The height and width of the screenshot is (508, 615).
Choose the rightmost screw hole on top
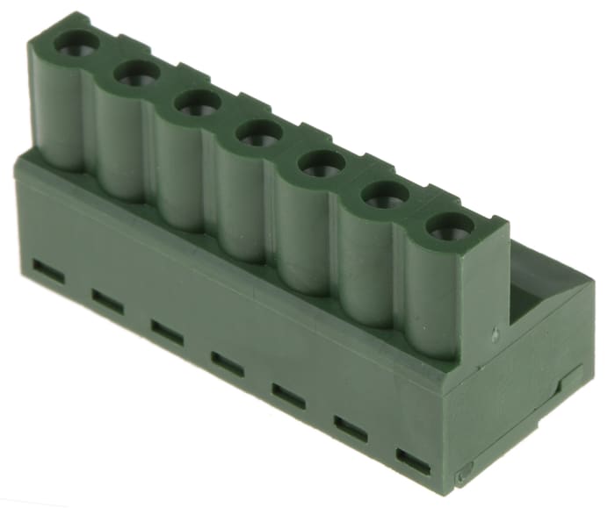pyautogui.click(x=449, y=226)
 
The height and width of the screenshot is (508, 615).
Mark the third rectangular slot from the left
pyautogui.click(x=166, y=332)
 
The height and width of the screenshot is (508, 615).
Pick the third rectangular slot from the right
pyautogui.click(x=288, y=396)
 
